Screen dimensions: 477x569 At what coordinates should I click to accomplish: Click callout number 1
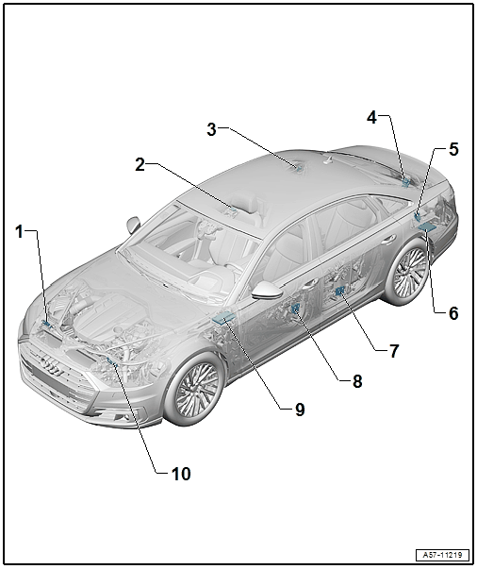click(20, 231)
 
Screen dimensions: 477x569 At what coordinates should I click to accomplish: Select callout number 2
click(140, 165)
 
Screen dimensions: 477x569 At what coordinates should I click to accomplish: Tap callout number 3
click(212, 129)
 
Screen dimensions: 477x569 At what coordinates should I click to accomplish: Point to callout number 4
click(371, 117)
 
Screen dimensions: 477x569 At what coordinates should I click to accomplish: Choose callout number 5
click(453, 149)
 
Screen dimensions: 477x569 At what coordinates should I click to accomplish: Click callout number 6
click(453, 312)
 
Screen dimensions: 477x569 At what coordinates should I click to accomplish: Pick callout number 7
click(394, 351)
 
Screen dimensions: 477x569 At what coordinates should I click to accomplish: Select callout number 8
click(357, 381)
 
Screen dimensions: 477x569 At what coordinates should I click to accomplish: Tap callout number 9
click(300, 410)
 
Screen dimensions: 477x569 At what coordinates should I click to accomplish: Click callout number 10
click(181, 474)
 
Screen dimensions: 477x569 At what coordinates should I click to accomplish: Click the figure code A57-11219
click(442, 555)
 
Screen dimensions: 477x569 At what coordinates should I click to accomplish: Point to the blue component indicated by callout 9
click(223, 318)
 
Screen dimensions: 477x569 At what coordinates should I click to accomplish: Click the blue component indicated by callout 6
click(427, 226)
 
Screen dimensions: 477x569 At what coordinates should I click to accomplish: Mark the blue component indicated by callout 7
click(340, 290)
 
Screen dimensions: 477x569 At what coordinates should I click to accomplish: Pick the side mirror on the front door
click(268, 290)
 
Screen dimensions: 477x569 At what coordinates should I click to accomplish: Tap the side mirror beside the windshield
click(133, 225)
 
